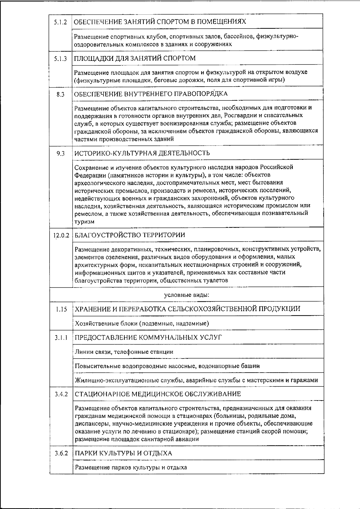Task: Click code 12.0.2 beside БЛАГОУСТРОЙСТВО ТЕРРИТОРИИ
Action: pyautogui.click(x=61, y=236)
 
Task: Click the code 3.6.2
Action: pyautogui.click(x=61, y=454)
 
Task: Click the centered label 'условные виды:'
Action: pyautogui.click(x=187, y=295)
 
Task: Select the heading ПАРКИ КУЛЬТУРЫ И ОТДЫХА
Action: pyautogui.click(x=123, y=453)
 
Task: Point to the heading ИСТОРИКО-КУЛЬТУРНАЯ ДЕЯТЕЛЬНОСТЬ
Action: pyautogui.click(x=142, y=153)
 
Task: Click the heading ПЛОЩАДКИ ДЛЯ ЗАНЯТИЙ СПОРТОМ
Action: pyautogui.click(x=135, y=58)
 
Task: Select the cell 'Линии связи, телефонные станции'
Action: pyautogui.click(x=124, y=352)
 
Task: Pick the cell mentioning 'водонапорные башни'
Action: pyautogui.click(x=167, y=366)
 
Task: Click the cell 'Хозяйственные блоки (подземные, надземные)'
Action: pyautogui.click(x=142, y=323)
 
